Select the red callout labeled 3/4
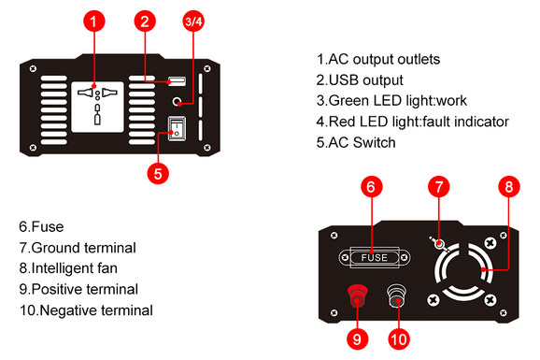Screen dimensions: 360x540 click(x=192, y=22)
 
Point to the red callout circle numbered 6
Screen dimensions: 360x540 click(x=372, y=186)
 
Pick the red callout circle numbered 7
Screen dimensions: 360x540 click(x=440, y=186)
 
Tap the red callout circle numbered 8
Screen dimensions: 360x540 click(x=507, y=186)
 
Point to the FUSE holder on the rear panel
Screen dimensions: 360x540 click(x=374, y=257)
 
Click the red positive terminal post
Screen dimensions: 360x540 click(x=357, y=298)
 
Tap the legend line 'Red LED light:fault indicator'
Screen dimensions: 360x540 click(x=412, y=122)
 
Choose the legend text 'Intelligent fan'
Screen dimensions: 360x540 click(x=78, y=268)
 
